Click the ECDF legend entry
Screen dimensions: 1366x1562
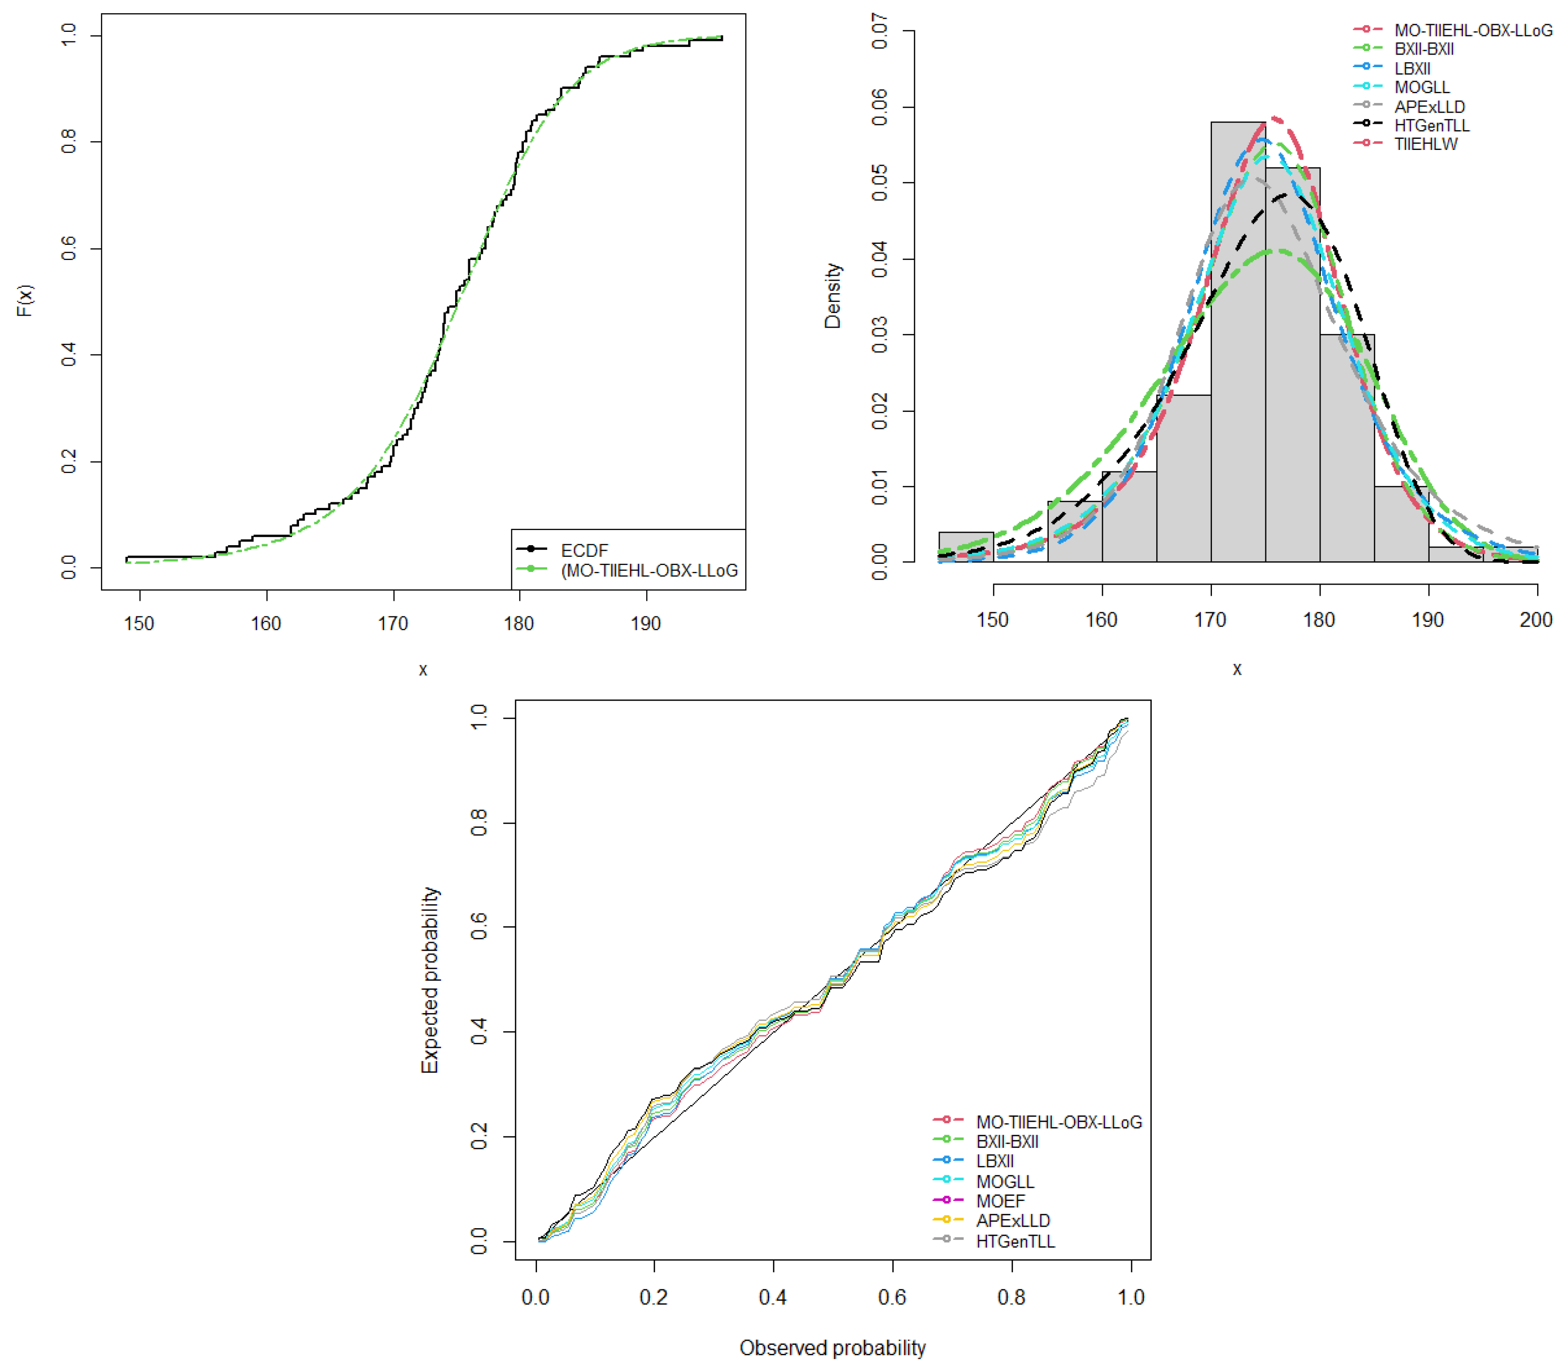pos(583,550)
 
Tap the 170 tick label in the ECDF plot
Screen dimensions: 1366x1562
pos(393,623)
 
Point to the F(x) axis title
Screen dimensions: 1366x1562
pos(25,300)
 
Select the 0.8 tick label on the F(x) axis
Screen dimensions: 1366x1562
pos(69,141)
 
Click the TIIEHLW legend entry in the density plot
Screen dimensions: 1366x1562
pos(1425,144)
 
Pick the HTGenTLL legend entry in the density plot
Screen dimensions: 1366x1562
pos(1431,125)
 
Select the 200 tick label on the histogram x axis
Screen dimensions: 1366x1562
pos(1535,620)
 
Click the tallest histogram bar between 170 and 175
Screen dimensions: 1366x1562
pos(1238,343)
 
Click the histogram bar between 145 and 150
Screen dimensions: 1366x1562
pos(965,547)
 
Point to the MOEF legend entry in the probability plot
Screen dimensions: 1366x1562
pos(1000,1201)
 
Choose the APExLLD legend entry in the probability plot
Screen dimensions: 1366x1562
pos(1012,1221)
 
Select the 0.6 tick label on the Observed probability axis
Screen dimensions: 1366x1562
pos(892,1297)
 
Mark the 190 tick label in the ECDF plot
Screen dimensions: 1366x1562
pos(645,623)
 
